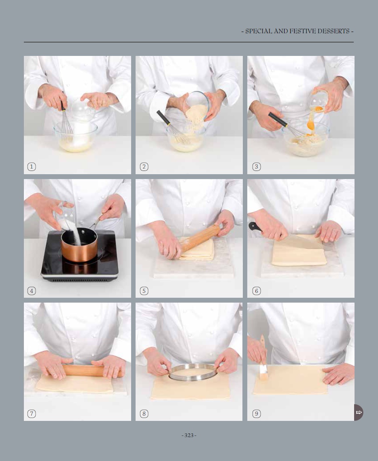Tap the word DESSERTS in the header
click(333, 31)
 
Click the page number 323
click(189, 435)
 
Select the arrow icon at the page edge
click(359, 412)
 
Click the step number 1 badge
click(32, 167)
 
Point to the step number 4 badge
click(32, 291)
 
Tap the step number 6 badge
click(257, 291)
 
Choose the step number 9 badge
click(257, 414)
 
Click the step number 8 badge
click(144, 414)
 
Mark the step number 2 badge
click(144, 167)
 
